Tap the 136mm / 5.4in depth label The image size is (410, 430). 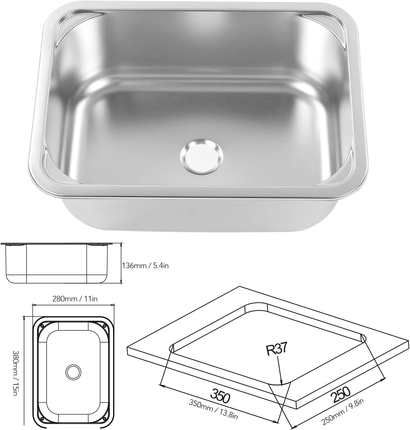(x=145, y=266)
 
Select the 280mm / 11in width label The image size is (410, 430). (x=75, y=299)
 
